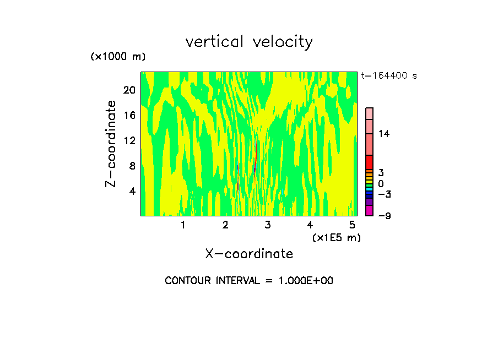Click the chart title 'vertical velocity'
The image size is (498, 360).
pos(249,42)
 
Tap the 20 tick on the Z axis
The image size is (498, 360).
pos(129,90)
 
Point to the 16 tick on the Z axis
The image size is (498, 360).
pos(129,116)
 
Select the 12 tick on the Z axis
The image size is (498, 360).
pos(129,141)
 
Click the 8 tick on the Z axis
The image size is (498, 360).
pos(132,166)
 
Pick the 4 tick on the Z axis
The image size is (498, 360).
pos(132,192)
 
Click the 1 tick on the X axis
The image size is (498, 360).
pos(183,225)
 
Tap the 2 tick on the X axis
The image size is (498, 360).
pos(225,225)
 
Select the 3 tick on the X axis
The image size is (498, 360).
pos(268,225)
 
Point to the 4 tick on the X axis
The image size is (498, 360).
pos(310,225)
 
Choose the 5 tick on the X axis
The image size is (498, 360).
pos(352,225)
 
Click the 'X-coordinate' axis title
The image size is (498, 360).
pos(249,254)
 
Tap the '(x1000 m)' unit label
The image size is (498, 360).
pos(117,57)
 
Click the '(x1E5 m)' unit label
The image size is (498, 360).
pos(336,237)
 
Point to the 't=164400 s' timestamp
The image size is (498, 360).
pos(388,76)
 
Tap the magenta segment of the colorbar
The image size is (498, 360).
pos(370,210)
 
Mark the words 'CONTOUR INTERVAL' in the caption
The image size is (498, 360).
pos(211,281)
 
